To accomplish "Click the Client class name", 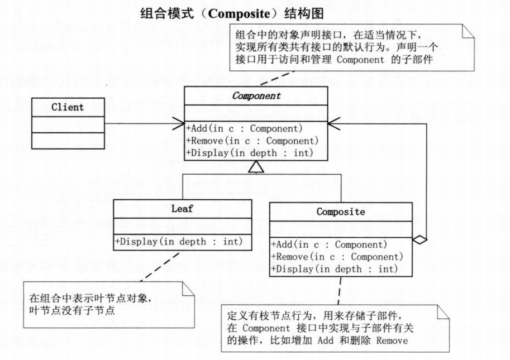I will click(67, 107).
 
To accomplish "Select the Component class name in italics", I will click(256, 95).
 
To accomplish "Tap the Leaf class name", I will click(182, 209).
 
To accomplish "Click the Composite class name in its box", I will click(341, 212).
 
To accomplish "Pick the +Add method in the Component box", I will click(244, 128).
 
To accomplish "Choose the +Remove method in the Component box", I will click(252, 141).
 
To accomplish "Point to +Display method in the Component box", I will click(250, 152).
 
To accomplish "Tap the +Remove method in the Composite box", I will click(337, 257).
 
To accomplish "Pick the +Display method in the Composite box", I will click(335, 269).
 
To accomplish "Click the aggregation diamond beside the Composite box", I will click(420, 240).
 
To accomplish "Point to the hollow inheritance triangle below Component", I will click(256, 166).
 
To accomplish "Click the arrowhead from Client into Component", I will click(179, 123).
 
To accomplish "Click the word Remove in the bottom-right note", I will click(392, 340).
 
